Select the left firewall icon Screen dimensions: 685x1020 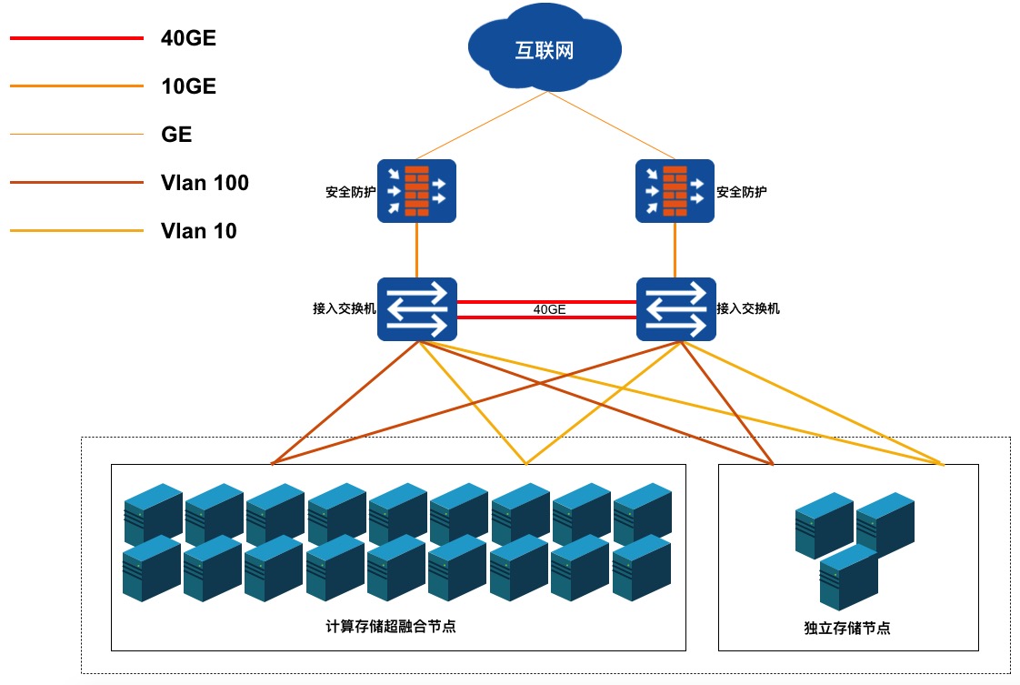(x=416, y=191)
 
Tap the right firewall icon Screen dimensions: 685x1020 (x=675, y=191)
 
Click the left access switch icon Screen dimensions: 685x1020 (x=416, y=309)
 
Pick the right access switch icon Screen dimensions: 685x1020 (x=675, y=309)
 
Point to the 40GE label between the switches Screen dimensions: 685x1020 (x=549, y=309)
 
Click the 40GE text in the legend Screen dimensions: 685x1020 (x=188, y=38)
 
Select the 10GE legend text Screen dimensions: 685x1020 (x=188, y=86)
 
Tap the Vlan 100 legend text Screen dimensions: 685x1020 (x=205, y=183)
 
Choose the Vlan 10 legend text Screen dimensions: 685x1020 (x=198, y=231)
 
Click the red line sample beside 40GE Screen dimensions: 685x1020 (x=76, y=38)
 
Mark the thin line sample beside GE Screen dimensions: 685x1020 (x=76, y=135)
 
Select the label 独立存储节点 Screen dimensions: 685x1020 (x=846, y=628)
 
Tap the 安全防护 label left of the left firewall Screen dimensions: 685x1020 (x=350, y=192)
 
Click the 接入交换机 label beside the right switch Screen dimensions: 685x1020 (x=748, y=308)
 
